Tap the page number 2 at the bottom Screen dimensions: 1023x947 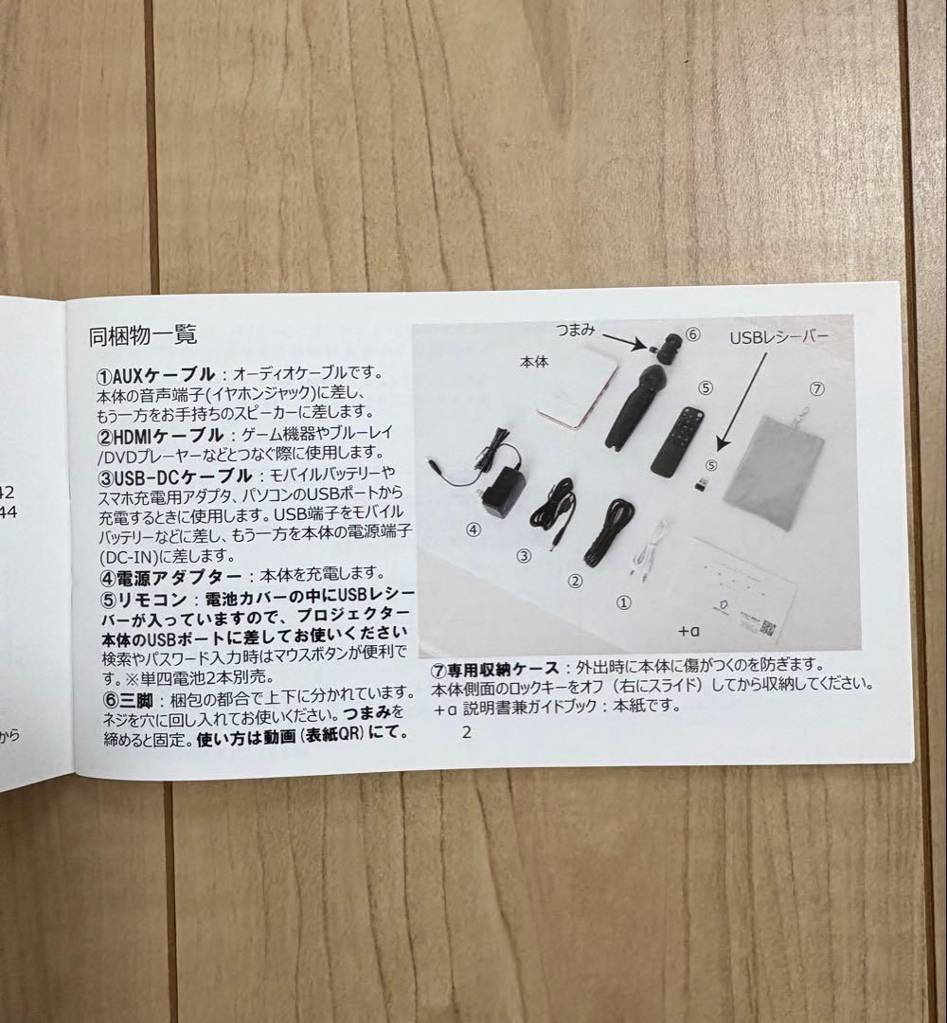coord(465,731)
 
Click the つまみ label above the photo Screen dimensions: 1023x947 coord(575,330)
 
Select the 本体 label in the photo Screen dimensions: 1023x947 coord(535,361)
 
